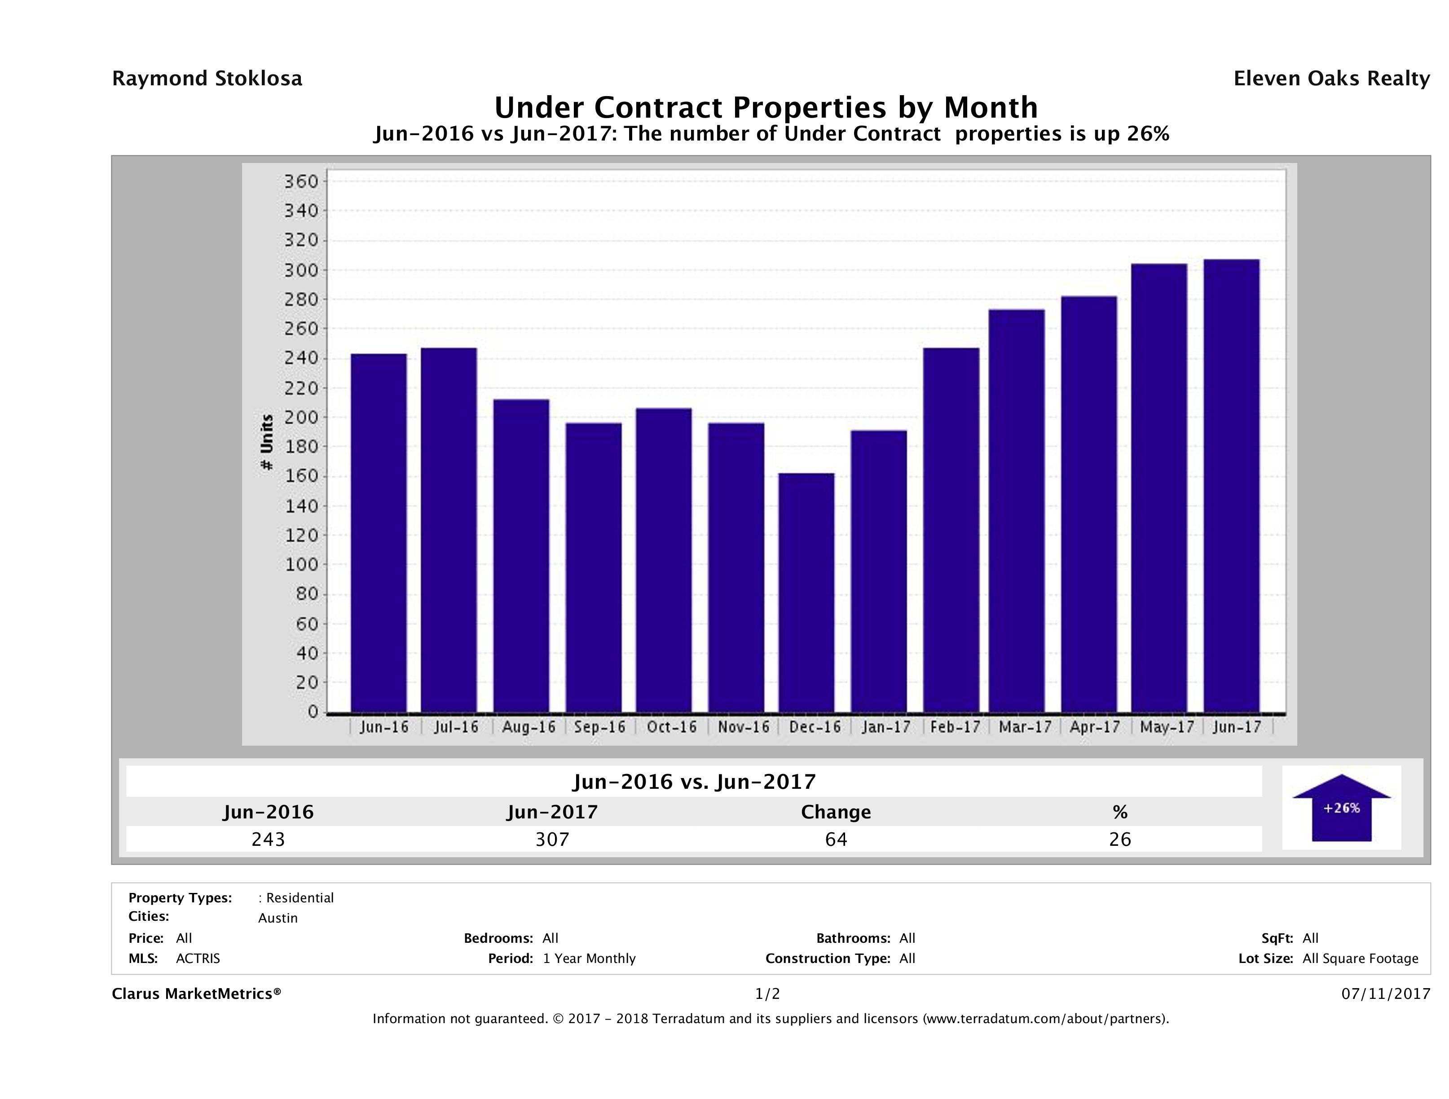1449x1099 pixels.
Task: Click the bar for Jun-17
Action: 1231,485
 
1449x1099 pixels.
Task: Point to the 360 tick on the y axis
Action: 301,181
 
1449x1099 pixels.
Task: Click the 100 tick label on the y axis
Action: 301,565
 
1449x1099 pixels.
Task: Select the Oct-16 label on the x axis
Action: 671,727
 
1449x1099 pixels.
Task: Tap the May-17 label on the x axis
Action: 1167,727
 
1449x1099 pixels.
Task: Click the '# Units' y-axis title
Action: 267,442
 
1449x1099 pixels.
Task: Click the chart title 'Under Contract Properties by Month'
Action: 766,107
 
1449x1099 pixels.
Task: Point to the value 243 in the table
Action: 268,839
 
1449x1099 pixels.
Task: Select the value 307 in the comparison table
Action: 552,839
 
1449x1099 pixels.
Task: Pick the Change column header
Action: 836,812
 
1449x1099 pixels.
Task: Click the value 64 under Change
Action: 836,839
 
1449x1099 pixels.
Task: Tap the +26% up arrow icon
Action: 1341,808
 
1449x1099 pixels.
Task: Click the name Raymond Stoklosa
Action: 207,79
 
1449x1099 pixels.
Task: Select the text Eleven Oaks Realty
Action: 1331,79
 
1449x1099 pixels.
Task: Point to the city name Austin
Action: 278,918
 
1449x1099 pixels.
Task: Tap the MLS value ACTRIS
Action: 198,958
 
